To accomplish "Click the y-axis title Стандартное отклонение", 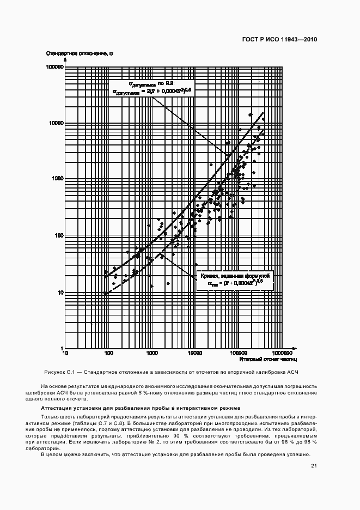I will [80, 53].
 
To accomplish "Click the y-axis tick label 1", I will [62, 348].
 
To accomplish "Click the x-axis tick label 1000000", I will [282, 354].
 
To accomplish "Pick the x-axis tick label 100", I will [108, 354].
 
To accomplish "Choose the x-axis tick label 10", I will [65, 354].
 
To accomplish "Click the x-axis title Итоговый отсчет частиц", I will [260, 361].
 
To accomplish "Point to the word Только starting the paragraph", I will [50, 417].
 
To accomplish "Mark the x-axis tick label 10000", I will [195, 354].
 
